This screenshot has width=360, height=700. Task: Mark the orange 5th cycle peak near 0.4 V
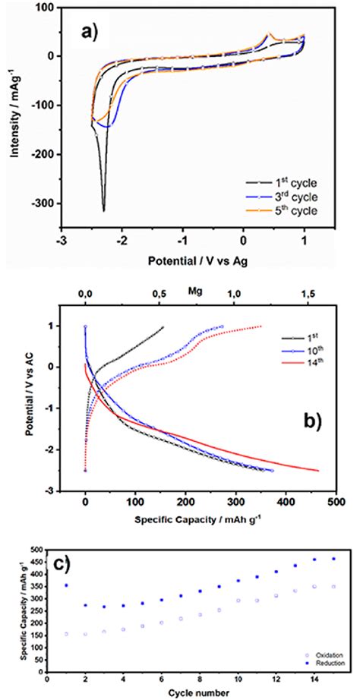click(269, 33)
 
